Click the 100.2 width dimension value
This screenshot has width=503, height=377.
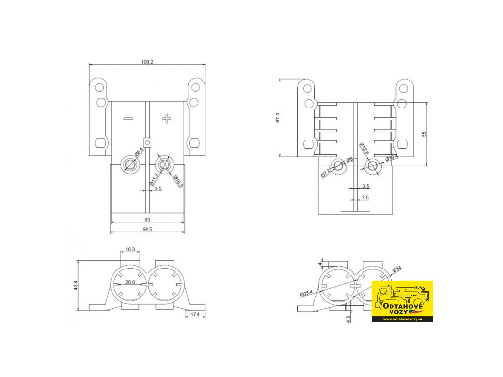tap(147, 62)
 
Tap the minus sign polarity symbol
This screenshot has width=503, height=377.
tap(128, 119)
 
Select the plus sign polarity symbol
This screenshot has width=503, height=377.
tap(167, 118)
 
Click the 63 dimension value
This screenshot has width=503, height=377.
tap(147, 219)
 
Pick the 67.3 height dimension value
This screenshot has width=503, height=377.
tap(278, 118)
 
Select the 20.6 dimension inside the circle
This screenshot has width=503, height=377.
tap(130, 282)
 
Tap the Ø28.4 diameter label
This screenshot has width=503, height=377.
tap(307, 293)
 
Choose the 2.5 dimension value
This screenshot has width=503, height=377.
tap(365, 198)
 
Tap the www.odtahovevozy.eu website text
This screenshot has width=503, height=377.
tap(402, 319)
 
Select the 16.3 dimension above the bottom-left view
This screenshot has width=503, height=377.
tap(130, 249)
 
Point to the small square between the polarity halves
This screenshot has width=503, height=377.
tap(147, 142)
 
